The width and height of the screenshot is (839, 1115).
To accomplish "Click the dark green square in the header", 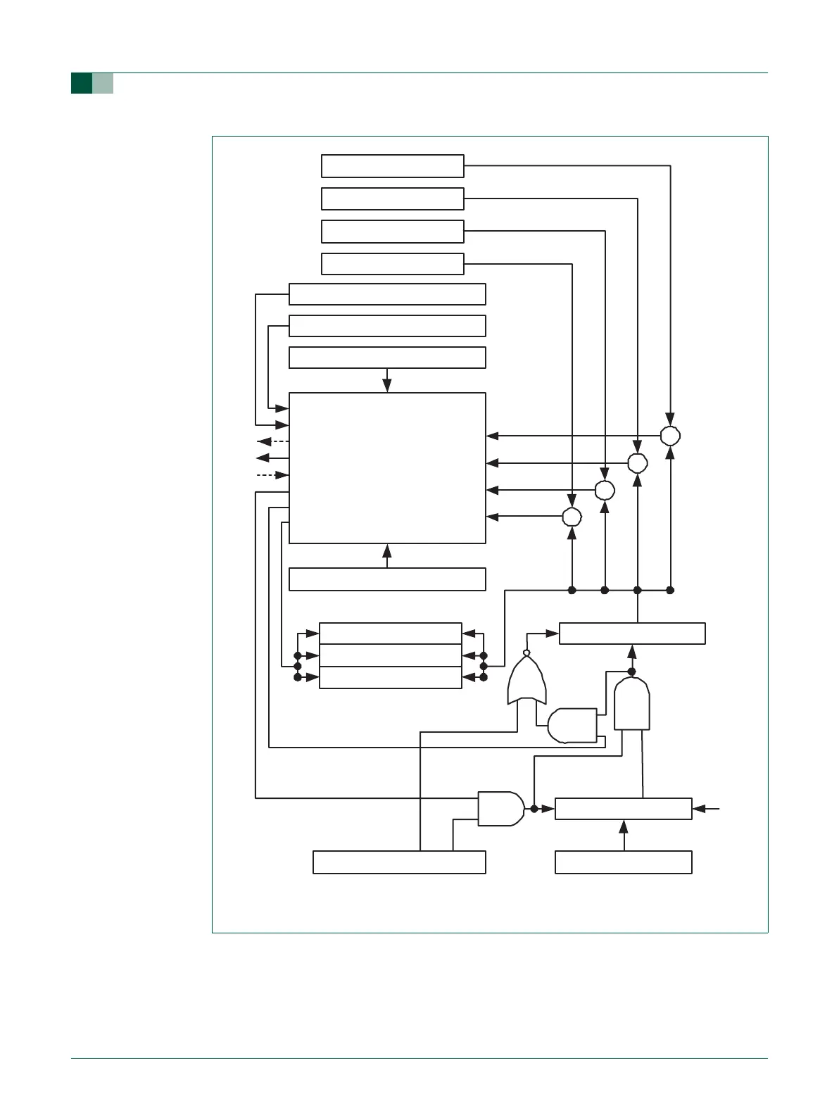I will tap(81, 83).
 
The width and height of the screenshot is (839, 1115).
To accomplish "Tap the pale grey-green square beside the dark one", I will tap(103, 83).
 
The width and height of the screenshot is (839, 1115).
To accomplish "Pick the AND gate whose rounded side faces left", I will tap(572, 725).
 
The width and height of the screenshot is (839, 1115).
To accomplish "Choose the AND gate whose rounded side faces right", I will tap(500, 809).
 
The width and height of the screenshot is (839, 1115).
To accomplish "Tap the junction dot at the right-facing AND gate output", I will tap(534, 810).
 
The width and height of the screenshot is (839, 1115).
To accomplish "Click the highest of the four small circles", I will tap(671, 436).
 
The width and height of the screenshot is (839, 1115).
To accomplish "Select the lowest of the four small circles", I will tap(572, 517).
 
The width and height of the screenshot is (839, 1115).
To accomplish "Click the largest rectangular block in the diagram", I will tap(387, 468).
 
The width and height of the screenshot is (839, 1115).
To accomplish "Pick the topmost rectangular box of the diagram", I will tap(392, 166).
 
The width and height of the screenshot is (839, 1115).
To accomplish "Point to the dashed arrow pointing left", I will tap(272, 441).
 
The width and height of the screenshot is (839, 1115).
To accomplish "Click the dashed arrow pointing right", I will tap(272, 476).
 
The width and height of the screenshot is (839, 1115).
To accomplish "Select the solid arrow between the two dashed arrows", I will tap(272, 458).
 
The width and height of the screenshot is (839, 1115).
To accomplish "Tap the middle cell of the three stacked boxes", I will tap(391, 655).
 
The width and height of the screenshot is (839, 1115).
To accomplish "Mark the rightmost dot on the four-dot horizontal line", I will tap(670, 590).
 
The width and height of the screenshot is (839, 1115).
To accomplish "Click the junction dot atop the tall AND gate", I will tap(631, 671).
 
